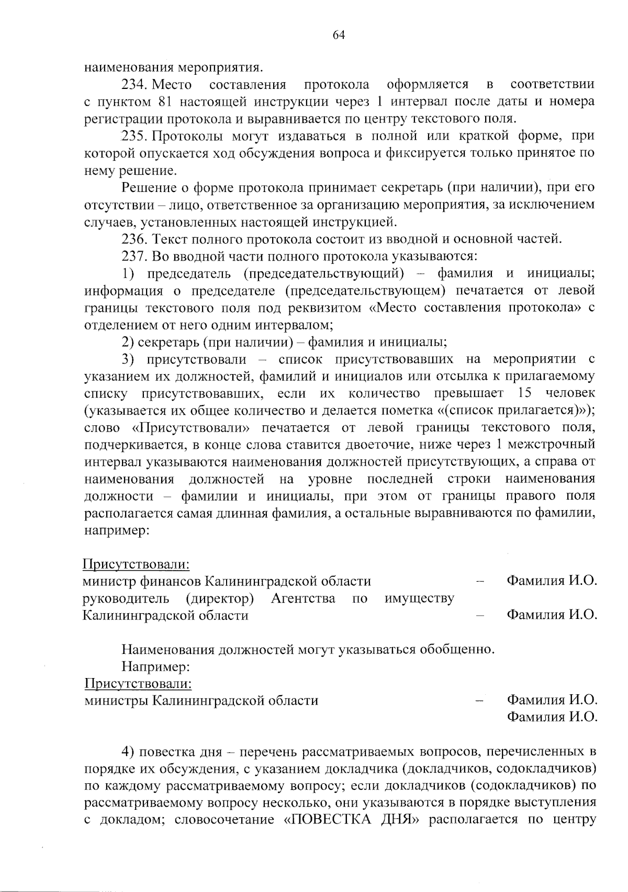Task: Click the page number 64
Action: [x=339, y=35]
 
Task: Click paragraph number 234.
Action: [x=136, y=84]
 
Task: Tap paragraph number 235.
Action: [x=136, y=136]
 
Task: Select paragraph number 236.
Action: [x=136, y=240]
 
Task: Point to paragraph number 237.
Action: [x=136, y=257]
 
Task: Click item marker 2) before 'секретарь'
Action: [x=128, y=343]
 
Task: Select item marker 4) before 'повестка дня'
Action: [x=128, y=752]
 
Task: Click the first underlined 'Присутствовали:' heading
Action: [x=136, y=564]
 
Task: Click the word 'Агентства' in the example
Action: [x=303, y=598]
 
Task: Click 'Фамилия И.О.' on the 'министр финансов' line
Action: [x=552, y=581]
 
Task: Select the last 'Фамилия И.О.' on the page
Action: [x=552, y=717]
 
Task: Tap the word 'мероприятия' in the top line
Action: [x=219, y=67]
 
